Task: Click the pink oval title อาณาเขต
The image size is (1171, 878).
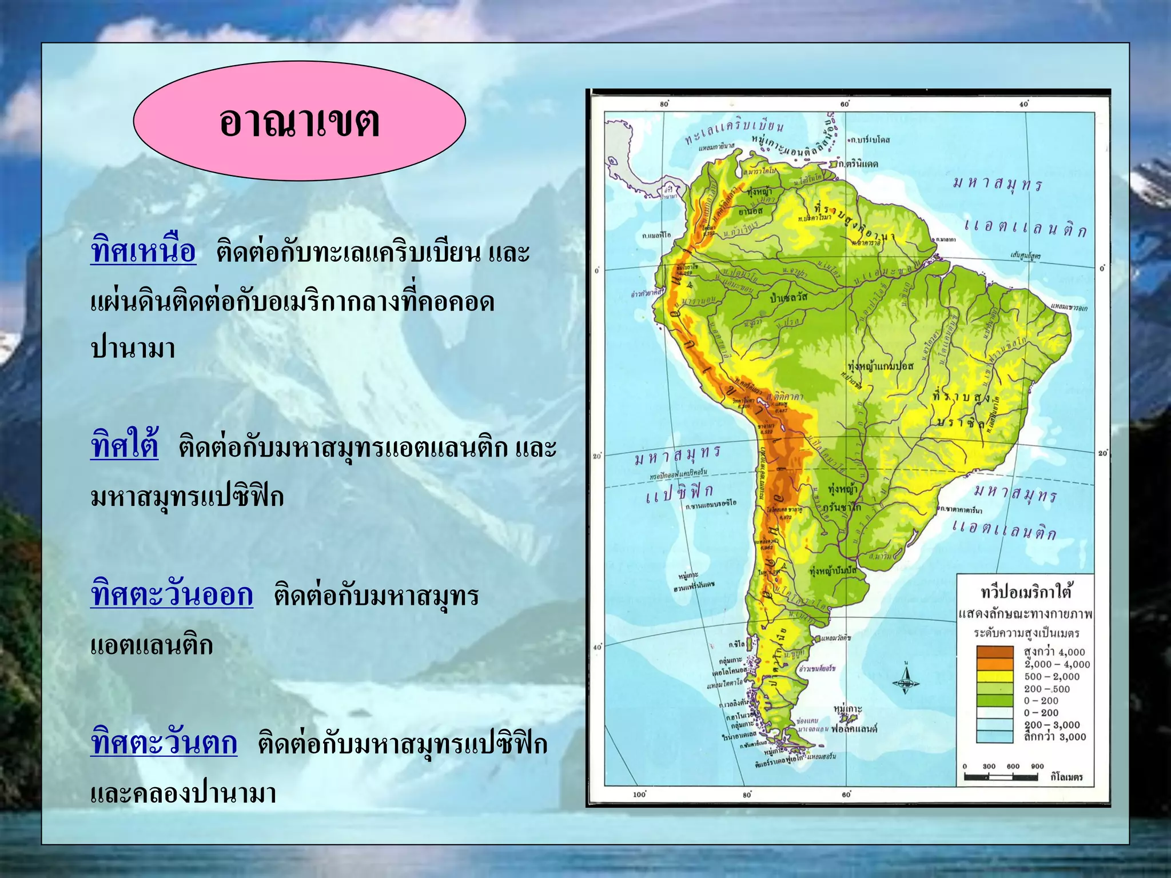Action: point(299,121)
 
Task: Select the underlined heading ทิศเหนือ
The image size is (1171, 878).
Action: point(143,252)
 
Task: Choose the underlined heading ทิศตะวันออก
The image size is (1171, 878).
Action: point(172,594)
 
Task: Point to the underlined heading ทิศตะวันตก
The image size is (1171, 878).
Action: point(164,743)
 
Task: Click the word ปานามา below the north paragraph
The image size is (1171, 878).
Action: point(133,348)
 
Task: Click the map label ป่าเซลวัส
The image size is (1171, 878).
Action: point(789,297)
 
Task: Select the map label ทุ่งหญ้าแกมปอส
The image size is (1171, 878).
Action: point(881,366)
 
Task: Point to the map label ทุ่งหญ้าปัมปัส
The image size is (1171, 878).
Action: point(834,570)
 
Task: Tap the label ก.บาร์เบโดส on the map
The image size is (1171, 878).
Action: point(869,139)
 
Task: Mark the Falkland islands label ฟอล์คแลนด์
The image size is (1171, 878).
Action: point(854,729)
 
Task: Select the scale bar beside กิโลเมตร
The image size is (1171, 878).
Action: point(1001,777)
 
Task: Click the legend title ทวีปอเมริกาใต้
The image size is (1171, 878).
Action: point(1026,592)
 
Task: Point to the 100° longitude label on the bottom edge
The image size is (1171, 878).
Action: point(639,795)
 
